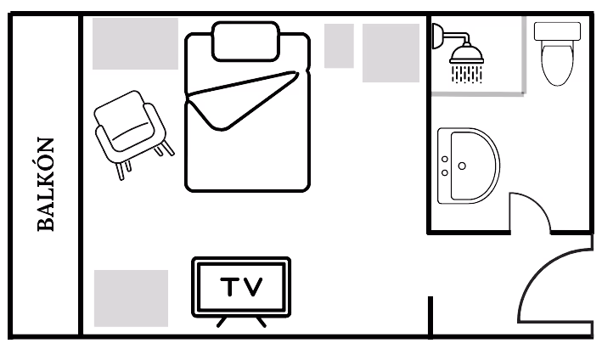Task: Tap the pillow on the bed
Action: click(x=246, y=42)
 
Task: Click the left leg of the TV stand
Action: click(x=222, y=322)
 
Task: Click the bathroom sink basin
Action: click(x=470, y=166)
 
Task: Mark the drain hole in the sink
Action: click(x=462, y=166)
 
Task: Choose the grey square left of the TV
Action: click(x=131, y=298)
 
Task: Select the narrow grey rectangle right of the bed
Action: click(x=339, y=46)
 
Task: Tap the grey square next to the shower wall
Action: click(x=391, y=53)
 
